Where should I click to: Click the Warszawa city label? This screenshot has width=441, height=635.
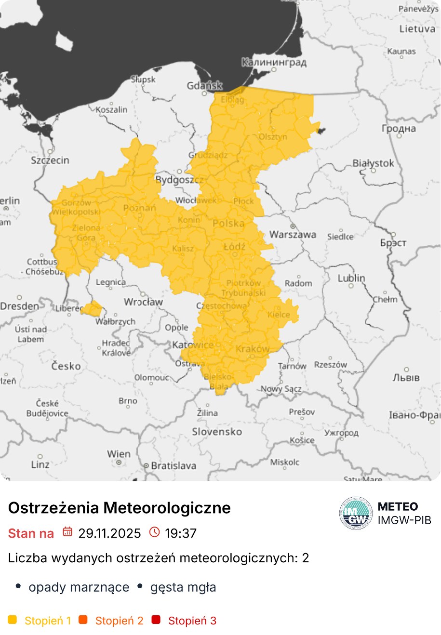point(293,235)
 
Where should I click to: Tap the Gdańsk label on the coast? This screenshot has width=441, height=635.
point(204,86)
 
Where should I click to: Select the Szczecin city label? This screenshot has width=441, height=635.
point(50,160)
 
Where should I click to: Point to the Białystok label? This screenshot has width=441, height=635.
point(373,163)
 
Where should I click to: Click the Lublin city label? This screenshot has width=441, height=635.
point(351,278)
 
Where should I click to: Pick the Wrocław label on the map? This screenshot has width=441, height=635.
point(143,302)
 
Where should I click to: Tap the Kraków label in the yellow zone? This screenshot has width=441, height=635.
point(252,349)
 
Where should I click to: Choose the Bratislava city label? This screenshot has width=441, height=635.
point(174,466)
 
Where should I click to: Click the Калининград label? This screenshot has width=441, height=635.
point(273,62)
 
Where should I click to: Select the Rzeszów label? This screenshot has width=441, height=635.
point(330,365)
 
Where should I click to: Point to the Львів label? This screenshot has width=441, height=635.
point(406,378)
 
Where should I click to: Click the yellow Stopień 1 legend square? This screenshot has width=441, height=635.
point(13,620)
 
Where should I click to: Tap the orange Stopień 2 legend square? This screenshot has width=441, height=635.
point(83,620)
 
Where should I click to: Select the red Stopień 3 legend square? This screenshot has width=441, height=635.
point(156,620)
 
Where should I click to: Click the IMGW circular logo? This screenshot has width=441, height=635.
point(356,513)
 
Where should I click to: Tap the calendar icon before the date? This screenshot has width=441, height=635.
point(67,532)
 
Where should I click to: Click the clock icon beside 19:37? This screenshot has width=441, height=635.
point(154,532)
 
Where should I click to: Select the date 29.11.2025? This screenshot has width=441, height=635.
point(109,533)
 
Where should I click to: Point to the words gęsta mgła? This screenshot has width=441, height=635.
point(183,587)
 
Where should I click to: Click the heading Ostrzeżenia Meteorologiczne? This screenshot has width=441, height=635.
point(120,508)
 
